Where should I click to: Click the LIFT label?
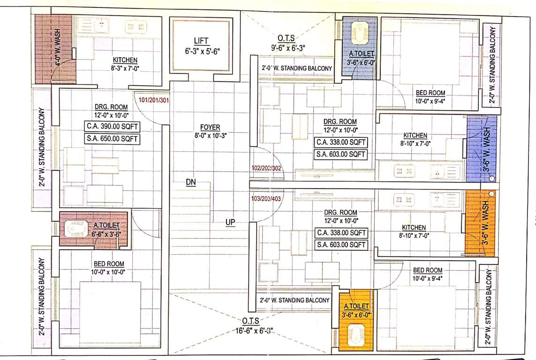tap(201, 41)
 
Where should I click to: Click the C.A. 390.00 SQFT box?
tap(112, 126)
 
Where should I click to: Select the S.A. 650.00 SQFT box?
tap(112, 138)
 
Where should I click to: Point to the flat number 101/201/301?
tap(153, 99)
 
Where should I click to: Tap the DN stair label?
tap(190, 182)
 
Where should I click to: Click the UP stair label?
tap(230, 222)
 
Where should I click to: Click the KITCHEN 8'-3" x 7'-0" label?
tap(125, 64)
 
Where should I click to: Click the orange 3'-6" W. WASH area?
tap(480, 223)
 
